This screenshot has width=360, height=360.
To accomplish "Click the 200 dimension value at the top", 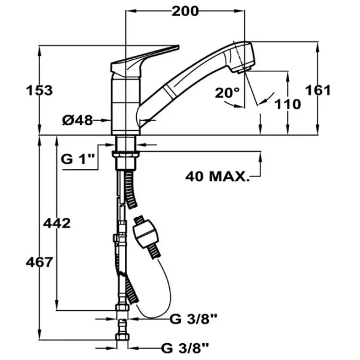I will tap(185, 11).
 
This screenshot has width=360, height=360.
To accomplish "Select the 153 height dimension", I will tap(40, 91).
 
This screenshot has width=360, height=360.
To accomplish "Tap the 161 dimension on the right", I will tap(318, 90).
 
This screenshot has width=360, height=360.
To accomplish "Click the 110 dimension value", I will tap(287, 103).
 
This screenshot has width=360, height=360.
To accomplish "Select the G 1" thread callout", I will tap(79, 159).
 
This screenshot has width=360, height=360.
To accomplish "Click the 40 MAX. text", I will tap(217, 176).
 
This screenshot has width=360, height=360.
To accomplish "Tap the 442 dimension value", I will tap(57, 223).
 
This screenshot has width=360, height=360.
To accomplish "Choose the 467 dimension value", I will tap(40, 262).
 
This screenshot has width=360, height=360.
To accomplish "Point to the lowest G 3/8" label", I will tap(186, 346).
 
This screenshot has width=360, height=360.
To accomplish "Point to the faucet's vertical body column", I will tap(127, 102).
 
